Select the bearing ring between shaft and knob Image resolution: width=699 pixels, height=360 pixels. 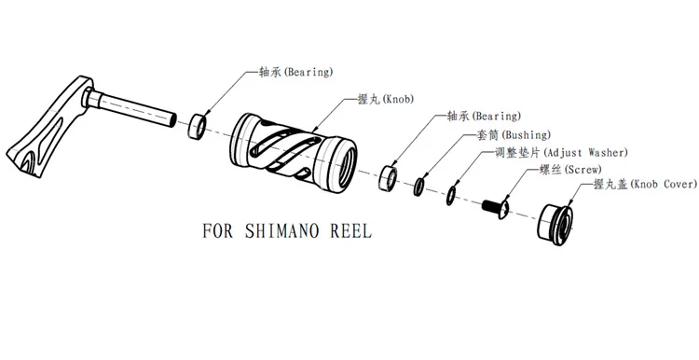point(197,127)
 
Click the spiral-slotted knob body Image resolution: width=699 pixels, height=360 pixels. point(293,153)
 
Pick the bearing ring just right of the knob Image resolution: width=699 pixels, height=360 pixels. point(388,178)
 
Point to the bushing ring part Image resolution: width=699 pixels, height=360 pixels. point(419,187)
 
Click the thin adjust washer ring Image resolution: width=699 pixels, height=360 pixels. point(451,196)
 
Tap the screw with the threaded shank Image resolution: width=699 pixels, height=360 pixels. point(495,208)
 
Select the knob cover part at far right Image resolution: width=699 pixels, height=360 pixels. point(555,224)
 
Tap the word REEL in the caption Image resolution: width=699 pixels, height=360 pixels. point(350,231)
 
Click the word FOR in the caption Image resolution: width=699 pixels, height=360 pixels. point(217,231)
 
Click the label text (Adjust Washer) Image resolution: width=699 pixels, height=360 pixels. point(586,153)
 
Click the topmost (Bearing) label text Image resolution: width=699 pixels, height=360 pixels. point(308,72)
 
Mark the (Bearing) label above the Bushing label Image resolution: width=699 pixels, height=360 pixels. point(496,117)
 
